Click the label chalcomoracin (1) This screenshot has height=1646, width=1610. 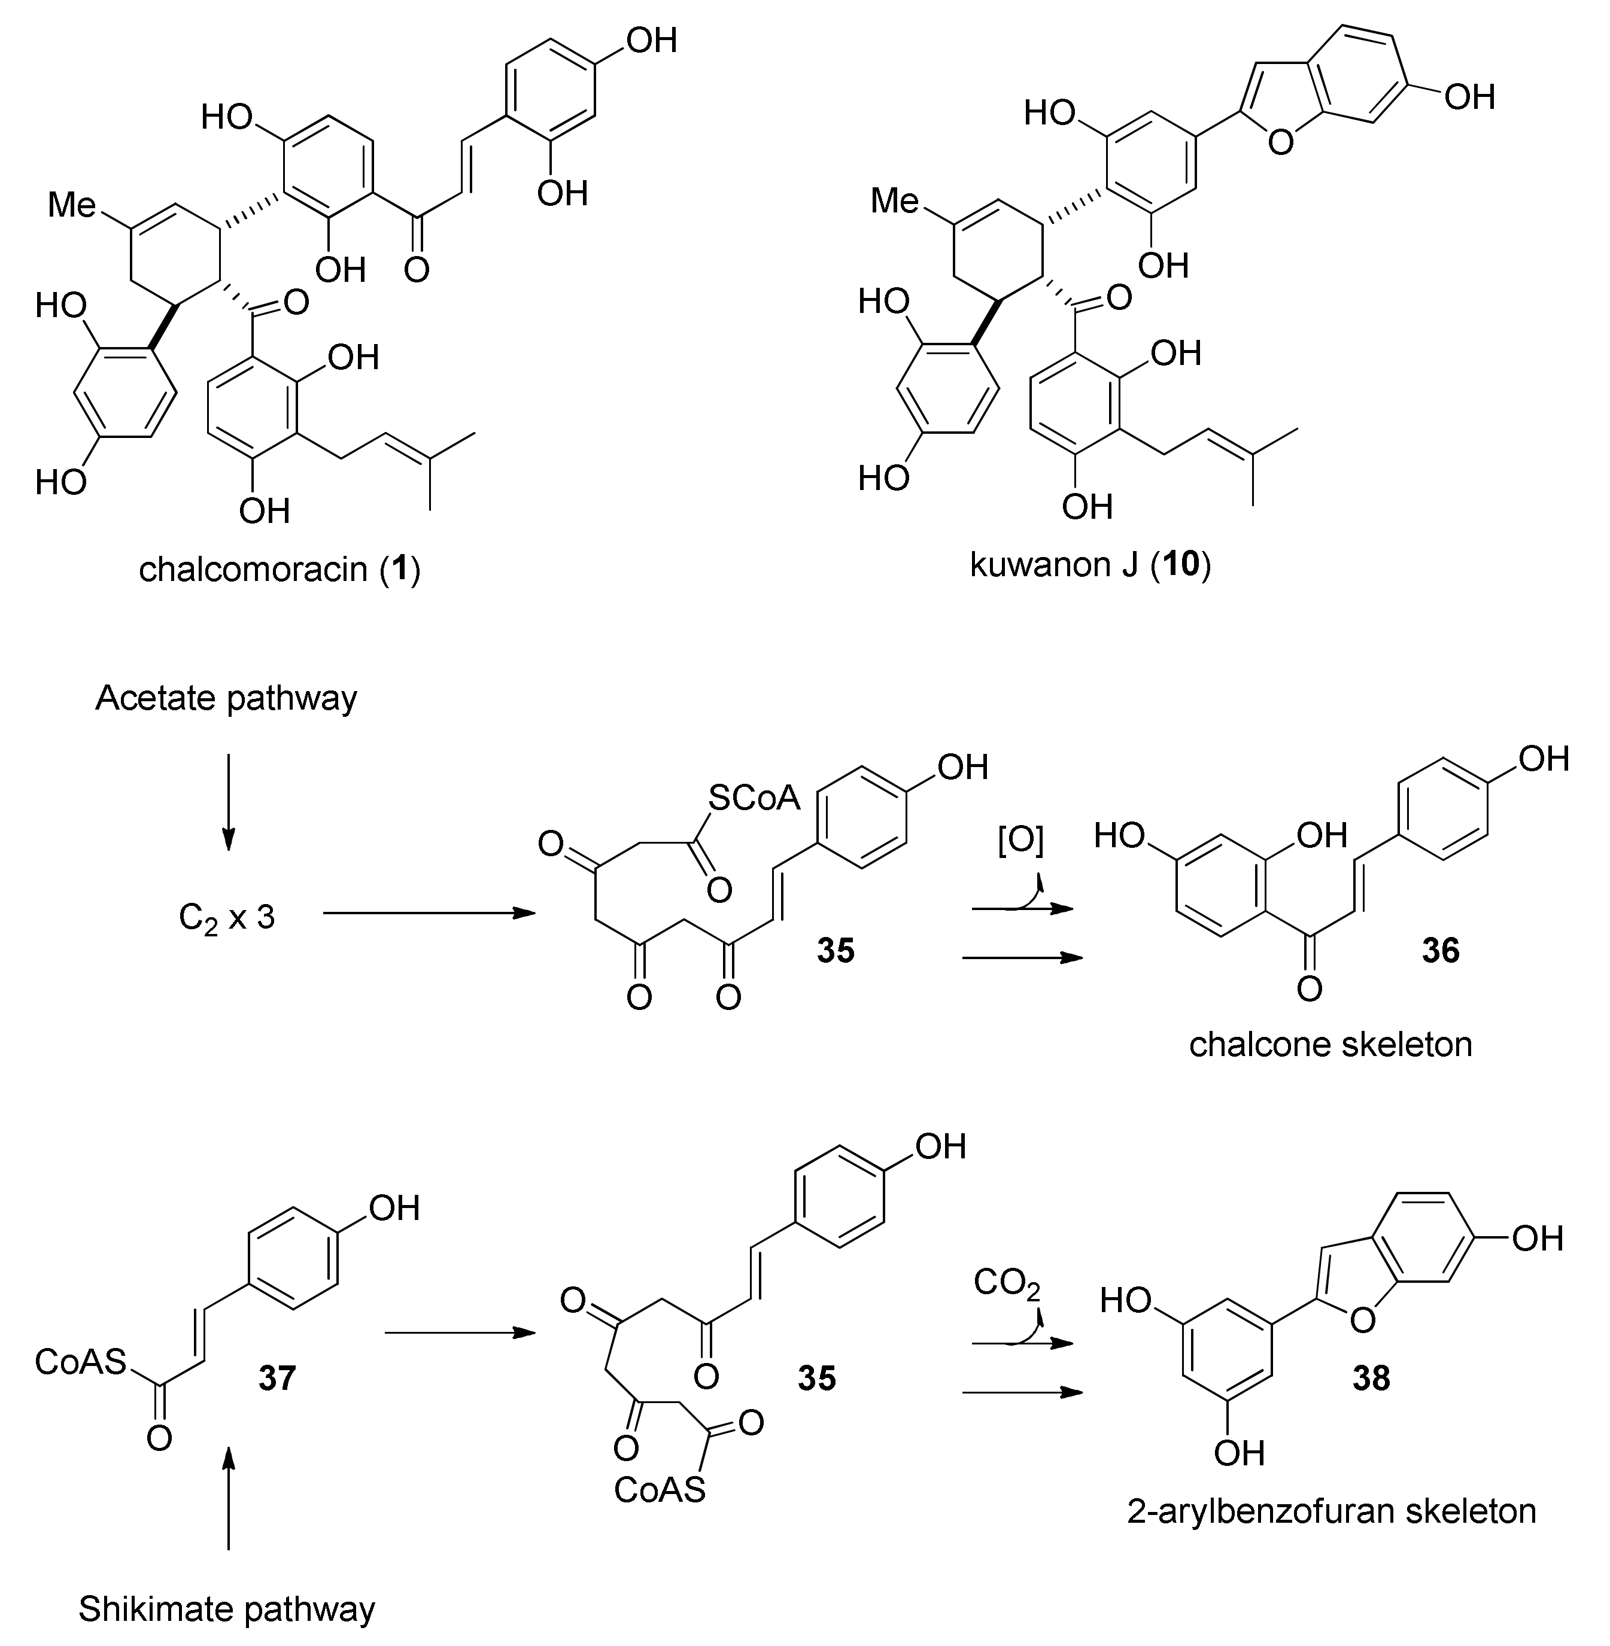click(x=280, y=569)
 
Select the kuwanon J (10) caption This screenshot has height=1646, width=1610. click(x=1090, y=564)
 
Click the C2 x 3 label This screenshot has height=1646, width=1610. click(x=227, y=917)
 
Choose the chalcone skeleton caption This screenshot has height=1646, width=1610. click(x=1330, y=1044)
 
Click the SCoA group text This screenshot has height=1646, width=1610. click(x=754, y=796)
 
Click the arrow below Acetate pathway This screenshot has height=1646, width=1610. click(x=227, y=801)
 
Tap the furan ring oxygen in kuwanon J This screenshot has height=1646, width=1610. click(x=1281, y=141)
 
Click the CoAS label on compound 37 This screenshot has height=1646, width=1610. click(x=80, y=1362)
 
